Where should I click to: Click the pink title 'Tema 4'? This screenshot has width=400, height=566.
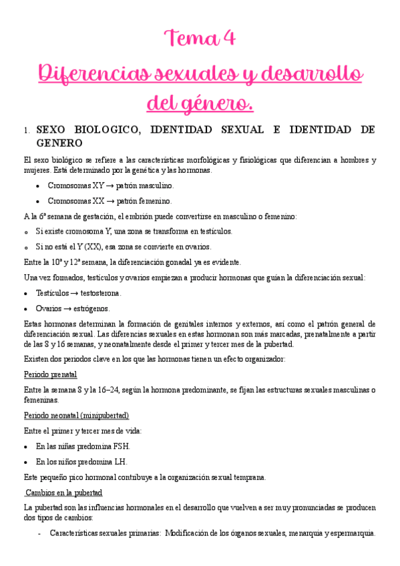coord(200,39)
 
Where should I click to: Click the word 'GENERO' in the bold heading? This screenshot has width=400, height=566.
coord(59,143)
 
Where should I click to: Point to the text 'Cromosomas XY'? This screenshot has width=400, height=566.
coord(75,185)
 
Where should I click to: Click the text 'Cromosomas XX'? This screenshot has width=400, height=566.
coord(76,200)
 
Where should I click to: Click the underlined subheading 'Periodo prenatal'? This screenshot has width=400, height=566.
coord(50,374)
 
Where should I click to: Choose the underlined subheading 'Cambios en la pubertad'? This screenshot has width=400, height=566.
coord(64,493)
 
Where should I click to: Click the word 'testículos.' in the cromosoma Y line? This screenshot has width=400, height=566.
coord(210,232)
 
